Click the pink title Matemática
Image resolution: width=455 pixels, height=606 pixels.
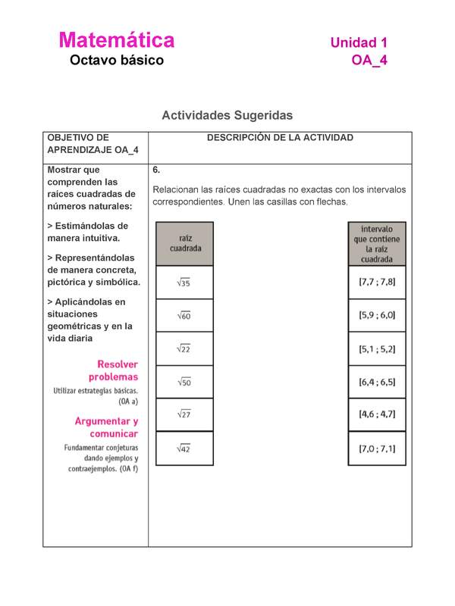click(116, 39)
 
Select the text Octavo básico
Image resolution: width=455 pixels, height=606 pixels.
click(116, 61)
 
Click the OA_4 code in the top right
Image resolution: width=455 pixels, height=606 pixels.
click(369, 61)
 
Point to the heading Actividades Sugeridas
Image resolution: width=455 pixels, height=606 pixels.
click(227, 115)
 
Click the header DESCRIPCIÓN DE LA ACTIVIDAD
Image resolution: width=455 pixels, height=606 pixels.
click(280, 138)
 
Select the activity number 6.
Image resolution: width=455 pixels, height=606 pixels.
click(155, 170)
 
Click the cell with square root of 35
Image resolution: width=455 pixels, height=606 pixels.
click(184, 283)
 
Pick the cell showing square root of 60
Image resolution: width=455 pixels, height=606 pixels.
click(184, 315)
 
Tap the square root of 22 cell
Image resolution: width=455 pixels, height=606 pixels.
click(184, 348)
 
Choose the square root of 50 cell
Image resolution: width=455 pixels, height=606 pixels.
click(184, 382)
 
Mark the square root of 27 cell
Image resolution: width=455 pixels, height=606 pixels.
click(184, 415)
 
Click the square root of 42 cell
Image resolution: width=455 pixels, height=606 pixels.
click(184, 448)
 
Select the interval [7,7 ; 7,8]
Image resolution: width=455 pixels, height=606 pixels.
click(377, 282)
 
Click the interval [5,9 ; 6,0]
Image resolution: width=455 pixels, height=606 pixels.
click(377, 315)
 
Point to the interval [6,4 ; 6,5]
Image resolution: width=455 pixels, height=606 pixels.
click(377, 382)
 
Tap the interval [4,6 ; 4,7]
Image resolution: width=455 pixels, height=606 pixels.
click(377, 414)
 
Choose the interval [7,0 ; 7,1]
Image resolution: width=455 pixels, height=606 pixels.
click(377, 448)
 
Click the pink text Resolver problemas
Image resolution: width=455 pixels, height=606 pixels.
click(113, 370)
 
